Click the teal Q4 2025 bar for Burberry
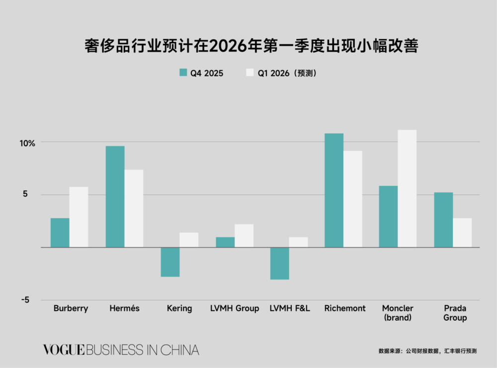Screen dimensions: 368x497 (x=60, y=232)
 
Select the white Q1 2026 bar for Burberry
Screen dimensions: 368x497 (x=79, y=217)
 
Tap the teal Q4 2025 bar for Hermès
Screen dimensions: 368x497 (x=115, y=197)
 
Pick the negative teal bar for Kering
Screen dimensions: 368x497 (x=170, y=262)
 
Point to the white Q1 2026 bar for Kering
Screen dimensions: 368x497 (x=189, y=240)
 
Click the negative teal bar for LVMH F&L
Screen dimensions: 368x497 (x=279, y=263)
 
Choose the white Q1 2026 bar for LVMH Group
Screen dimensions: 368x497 (x=244, y=235)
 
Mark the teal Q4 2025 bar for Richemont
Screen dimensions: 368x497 (x=334, y=190)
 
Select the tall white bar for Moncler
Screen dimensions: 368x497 (x=407, y=188)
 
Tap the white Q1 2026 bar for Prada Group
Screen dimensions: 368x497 (x=462, y=232)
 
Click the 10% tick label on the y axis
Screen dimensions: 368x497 (x=27, y=144)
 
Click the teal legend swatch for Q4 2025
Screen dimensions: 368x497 (x=183, y=73)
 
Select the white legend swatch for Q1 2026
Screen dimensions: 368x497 (x=250, y=73)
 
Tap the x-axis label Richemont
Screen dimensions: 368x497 (x=344, y=308)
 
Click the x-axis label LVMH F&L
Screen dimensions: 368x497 (x=290, y=308)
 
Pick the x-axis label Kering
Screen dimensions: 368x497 (x=179, y=308)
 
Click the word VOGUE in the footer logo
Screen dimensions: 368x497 (x=64, y=350)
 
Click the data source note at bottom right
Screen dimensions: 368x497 (x=427, y=351)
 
